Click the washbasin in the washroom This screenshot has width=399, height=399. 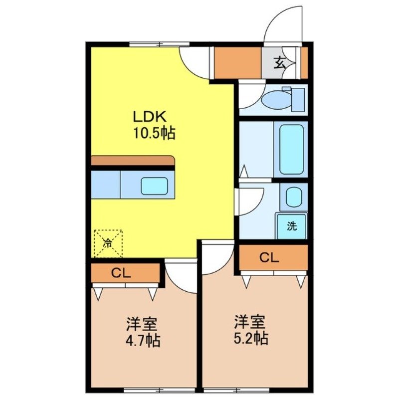click(293, 197)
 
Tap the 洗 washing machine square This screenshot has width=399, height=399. click(292, 226)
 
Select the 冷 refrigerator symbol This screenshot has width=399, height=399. click(108, 243)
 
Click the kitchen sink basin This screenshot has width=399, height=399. click(154, 186)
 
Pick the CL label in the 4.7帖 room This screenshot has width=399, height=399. click(121, 273)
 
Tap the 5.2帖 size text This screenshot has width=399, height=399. click(251, 338)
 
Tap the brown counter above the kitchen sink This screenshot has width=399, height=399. click(133, 161)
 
